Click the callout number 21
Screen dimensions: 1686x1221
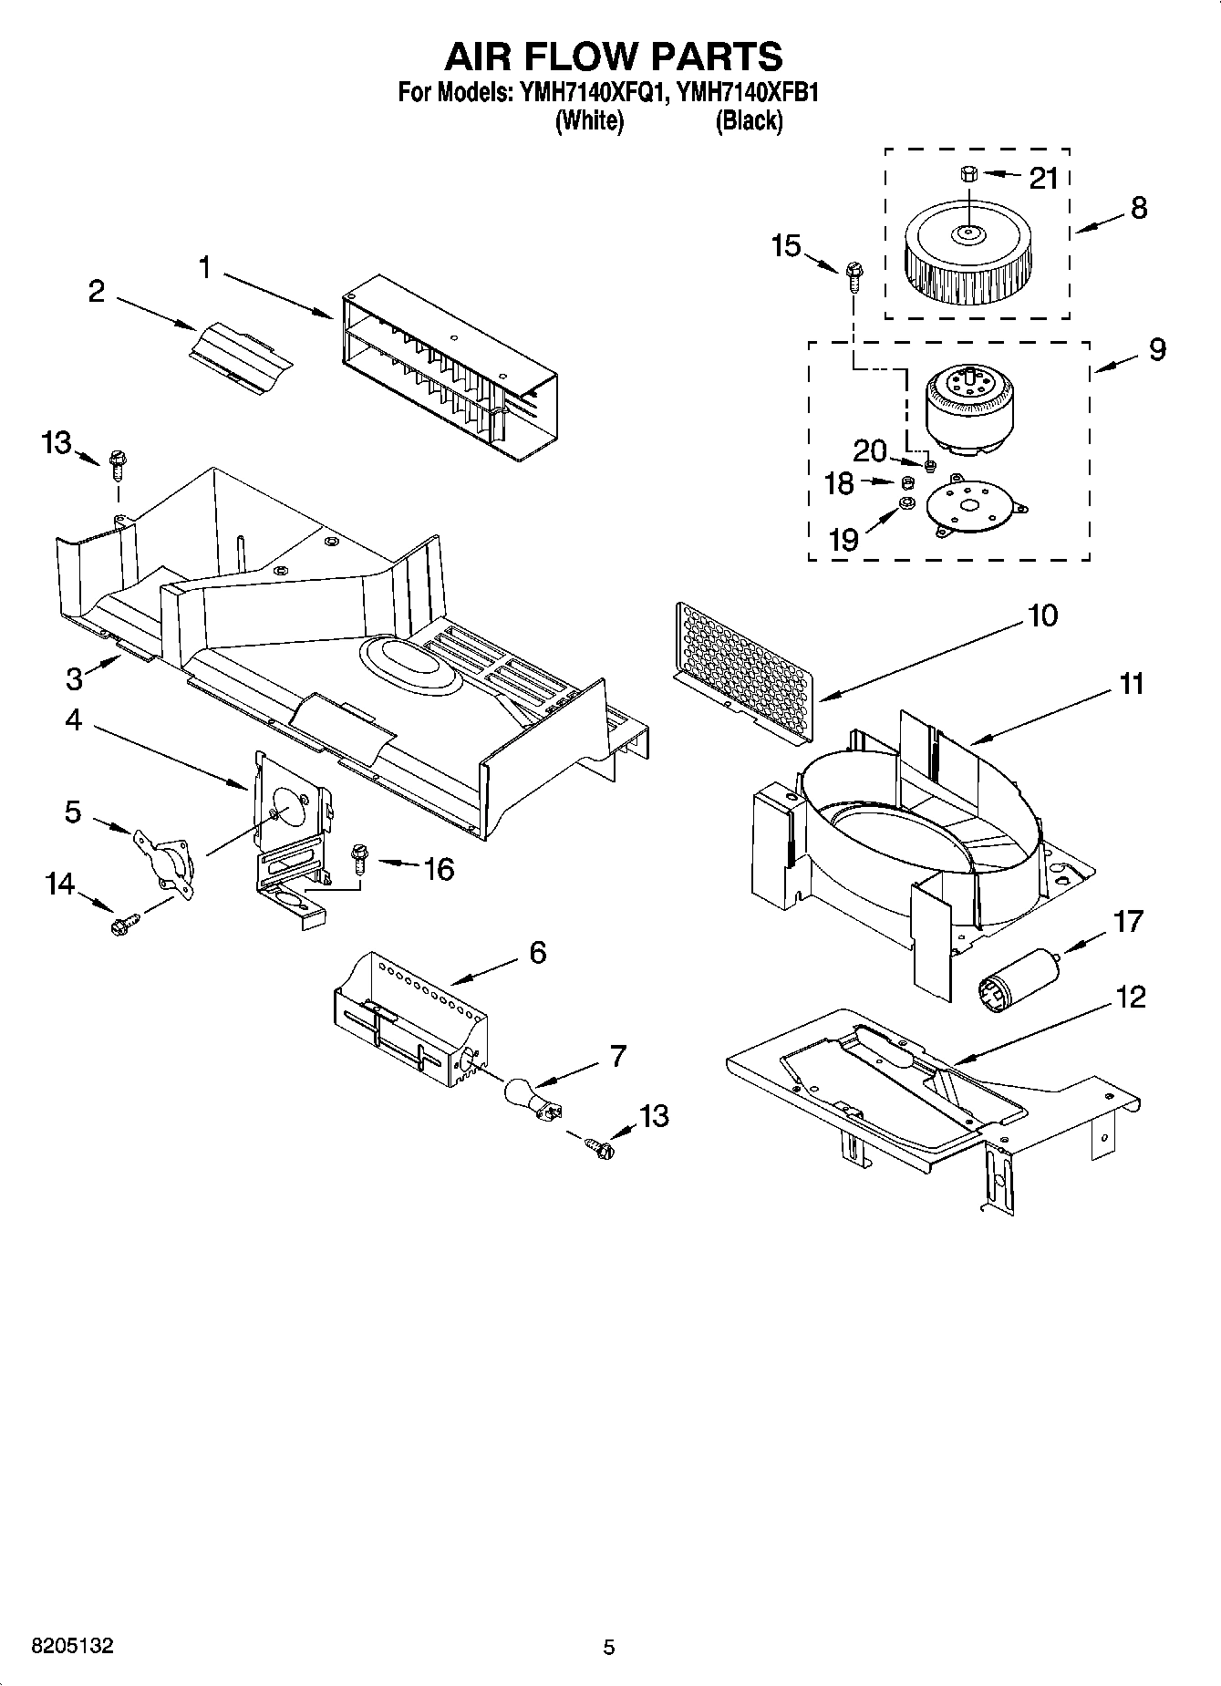point(1043,179)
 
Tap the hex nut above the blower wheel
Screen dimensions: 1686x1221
point(969,173)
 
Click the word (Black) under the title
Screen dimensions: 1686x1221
point(749,120)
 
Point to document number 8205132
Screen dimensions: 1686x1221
point(73,1646)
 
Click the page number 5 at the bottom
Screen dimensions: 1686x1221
point(609,1647)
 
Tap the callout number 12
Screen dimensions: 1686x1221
point(1130,997)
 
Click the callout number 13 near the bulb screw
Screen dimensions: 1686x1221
point(654,1115)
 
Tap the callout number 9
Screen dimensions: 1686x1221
point(1156,349)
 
